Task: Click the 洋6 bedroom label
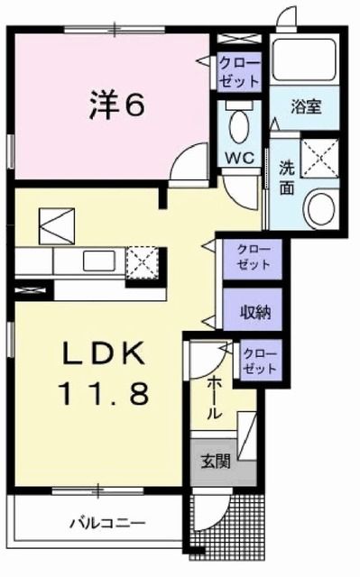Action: point(116,105)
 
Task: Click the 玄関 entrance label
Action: point(215,463)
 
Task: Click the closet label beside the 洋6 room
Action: point(239,69)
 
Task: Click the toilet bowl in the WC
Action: point(240,126)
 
